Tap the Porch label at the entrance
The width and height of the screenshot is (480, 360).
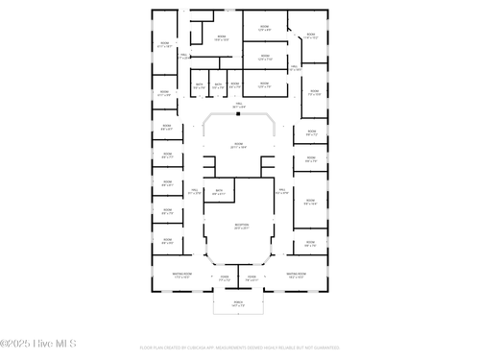(239, 303)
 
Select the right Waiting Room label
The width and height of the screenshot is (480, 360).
(297, 275)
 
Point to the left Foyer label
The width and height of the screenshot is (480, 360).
(224, 278)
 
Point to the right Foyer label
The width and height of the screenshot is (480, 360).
(252, 278)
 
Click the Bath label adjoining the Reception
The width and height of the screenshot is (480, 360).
(219, 192)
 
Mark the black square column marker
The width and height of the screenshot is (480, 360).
(237, 112)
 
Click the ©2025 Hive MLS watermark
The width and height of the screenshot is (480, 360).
(38, 343)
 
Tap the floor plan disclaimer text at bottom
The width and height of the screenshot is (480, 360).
(239, 348)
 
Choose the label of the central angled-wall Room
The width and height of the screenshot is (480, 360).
(239, 145)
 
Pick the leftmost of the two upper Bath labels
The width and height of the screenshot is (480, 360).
(200, 85)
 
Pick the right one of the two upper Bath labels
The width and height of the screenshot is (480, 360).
(219, 85)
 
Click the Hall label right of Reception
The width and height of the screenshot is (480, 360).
(281, 191)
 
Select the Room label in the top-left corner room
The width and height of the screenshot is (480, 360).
(164, 44)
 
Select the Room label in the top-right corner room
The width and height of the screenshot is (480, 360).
(311, 36)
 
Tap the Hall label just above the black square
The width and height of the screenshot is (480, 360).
(238, 105)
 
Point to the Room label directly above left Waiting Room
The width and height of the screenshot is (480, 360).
(167, 242)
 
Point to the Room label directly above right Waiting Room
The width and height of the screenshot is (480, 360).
(310, 243)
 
